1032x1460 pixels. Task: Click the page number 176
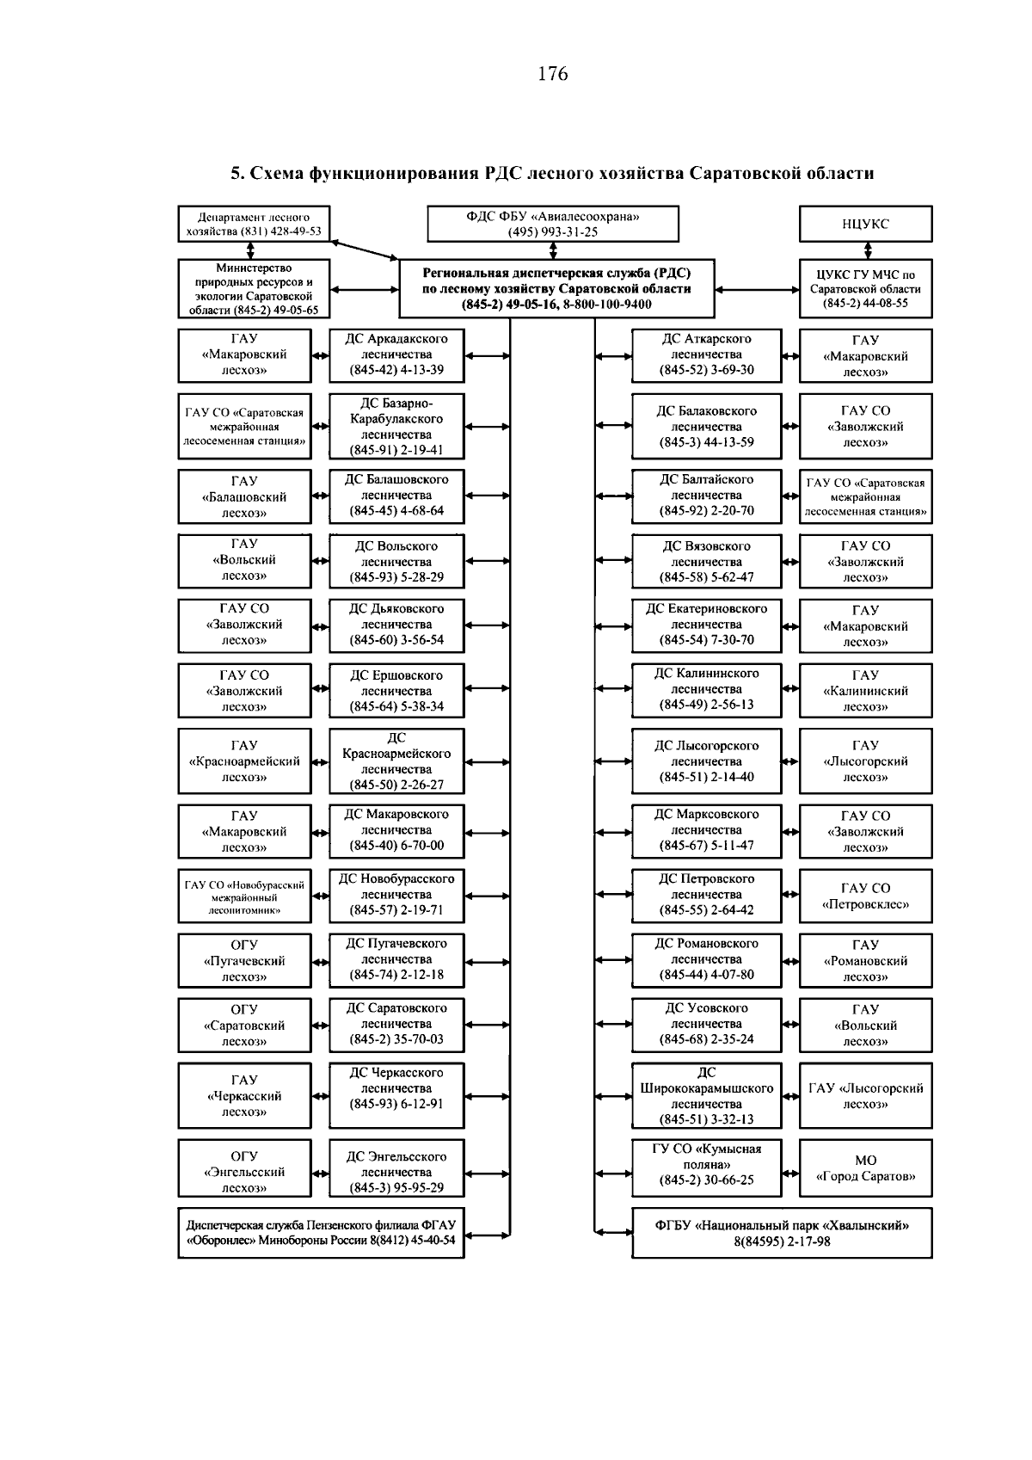coord(552,74)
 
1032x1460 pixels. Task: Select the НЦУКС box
coord(865,224)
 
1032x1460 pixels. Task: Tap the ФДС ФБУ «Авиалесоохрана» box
coord(553,224)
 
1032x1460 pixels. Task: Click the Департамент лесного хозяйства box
coord(254,224)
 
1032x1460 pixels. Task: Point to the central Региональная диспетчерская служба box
coord(556,289)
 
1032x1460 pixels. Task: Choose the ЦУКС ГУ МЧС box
coord(865,289)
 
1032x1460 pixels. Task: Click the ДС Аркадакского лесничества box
coord(396,354)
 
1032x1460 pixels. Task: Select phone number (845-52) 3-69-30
coord(706,370)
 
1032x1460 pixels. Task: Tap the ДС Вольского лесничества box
coord(396,561)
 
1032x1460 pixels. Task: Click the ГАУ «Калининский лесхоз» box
coord(865,691)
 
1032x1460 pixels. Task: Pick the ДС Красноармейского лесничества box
coord(396,761)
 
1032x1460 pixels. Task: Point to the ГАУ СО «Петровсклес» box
coord(865,896)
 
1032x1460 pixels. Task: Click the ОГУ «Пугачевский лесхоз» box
coord(244,960)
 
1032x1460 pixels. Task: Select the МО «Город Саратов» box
coord(865,1168)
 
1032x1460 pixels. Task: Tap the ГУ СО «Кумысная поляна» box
coord(706,1164)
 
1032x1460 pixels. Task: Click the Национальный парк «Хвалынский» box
coord(782,1233)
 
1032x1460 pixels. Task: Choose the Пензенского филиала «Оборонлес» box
coord(321,1233)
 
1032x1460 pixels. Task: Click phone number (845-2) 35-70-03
coord(396,1039)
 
